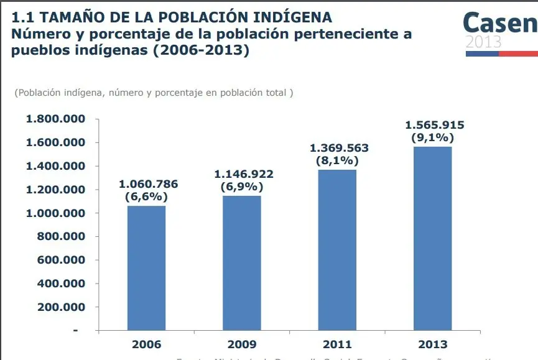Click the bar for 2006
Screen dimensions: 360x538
146,267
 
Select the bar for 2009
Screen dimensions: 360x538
242,262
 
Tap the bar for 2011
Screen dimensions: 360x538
337,249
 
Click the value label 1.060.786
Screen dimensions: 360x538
148,184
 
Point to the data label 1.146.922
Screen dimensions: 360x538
244,174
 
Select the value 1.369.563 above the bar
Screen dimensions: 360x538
339,148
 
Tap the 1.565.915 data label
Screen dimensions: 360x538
435,125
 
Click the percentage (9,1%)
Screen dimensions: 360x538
433,137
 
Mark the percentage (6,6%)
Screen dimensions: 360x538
146,196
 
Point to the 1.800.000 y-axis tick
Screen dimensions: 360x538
55,119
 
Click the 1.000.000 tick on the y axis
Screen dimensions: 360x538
55,213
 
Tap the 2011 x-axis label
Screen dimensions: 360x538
337,344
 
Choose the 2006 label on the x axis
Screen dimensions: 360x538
146,344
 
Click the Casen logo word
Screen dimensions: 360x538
499,23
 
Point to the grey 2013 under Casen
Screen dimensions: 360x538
483,42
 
